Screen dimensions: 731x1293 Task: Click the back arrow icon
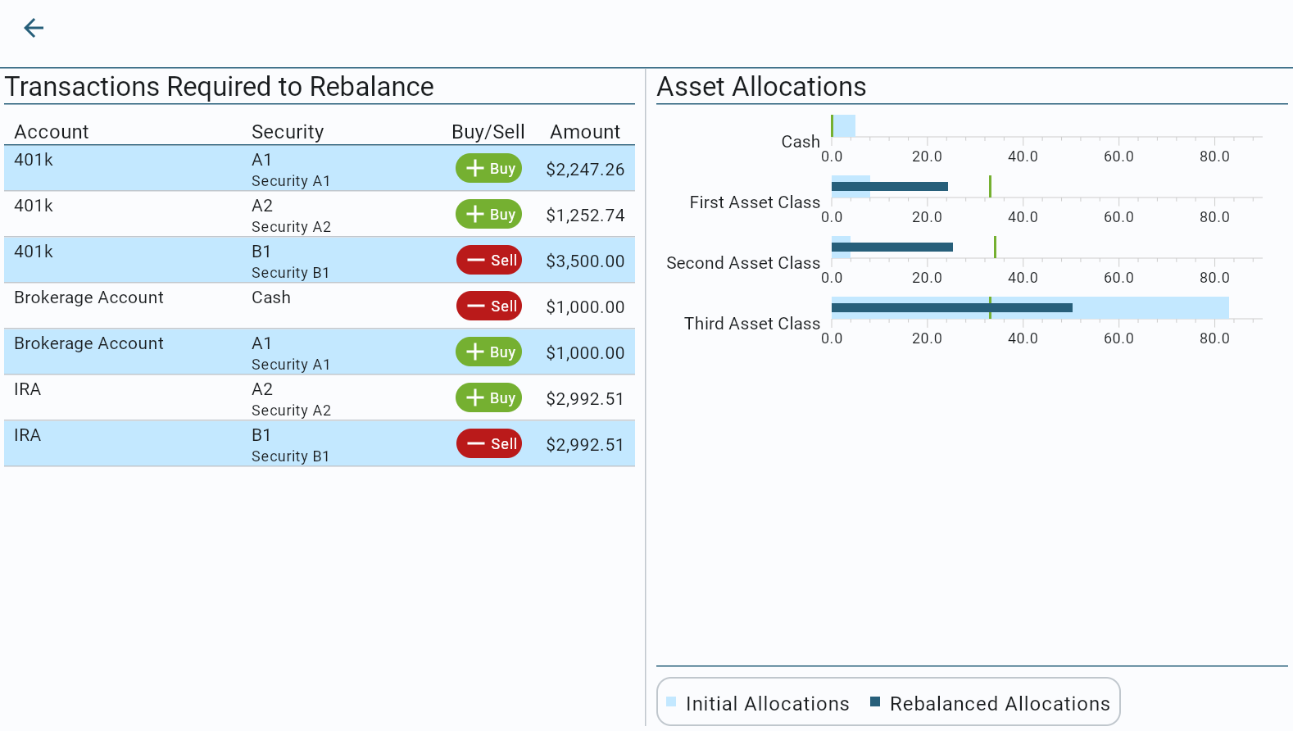tap(34, 29)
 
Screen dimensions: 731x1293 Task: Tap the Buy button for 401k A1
tap(488, 169)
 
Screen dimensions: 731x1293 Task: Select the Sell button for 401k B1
tap(488, 261)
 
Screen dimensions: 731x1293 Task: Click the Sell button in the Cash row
tap(488, 306)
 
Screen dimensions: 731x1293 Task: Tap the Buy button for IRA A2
tap(488, 398)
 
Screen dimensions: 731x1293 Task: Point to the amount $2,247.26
tap(585, 170)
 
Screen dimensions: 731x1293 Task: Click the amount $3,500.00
tap(585, 261)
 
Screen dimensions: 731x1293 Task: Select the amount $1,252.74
tap(585, 216)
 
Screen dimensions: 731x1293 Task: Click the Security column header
tap(288, 132)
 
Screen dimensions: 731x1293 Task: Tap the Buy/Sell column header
tap(488, 132)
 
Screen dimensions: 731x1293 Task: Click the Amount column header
tap(585, 132)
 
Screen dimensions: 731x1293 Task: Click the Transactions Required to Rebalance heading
tap(220, 87)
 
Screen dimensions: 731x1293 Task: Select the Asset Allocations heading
tap(761, 87)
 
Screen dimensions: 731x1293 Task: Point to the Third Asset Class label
tap(751, 324)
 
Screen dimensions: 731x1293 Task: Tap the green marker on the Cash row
tap(832, 125)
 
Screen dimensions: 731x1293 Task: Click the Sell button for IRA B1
tap(488, 444)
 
